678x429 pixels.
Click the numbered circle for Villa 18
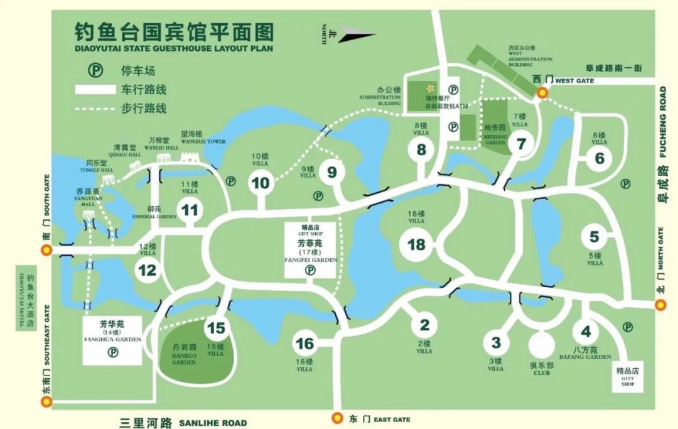[x=417, y=244]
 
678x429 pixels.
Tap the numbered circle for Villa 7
[x=520, y=144]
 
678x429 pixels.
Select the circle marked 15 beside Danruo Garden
[x=215, y=328]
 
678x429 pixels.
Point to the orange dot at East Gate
[x=337, y=418]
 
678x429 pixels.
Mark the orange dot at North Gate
[x=660, y=305]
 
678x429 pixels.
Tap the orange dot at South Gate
[x=46, y=250]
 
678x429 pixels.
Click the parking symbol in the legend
[x=95, y=70]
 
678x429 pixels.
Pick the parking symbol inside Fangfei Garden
[x=309, y=270]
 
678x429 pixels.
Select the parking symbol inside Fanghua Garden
[x=113, y=352]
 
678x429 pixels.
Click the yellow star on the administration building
[x=431, y=89]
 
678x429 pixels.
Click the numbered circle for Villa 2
[x=424, y=325]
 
